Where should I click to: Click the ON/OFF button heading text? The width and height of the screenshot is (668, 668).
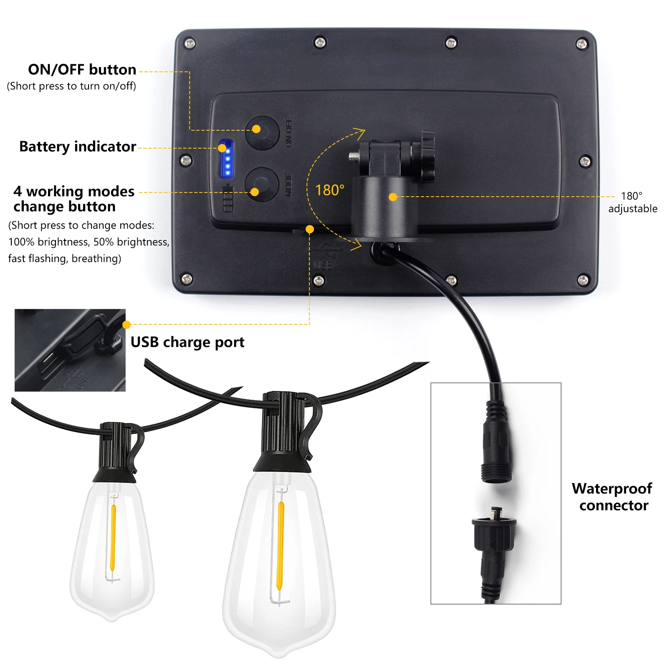tap(82, 70)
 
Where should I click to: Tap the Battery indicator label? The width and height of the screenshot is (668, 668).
tap(78, 147)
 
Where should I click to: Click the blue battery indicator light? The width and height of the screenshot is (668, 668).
tap(227, 159)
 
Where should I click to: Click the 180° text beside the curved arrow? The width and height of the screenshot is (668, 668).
tap(329, 190)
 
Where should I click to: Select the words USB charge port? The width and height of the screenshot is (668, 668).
tap(187, 342)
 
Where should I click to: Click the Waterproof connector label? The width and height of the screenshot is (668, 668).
tap(612, 497)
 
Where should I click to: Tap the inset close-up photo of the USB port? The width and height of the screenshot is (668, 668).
tap(70, 350)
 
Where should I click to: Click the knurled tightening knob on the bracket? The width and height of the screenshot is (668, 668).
tap(428, 157)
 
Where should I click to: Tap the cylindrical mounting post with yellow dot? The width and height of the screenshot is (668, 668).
tap(384, 207)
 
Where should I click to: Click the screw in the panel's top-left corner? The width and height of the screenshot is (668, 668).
tap(190, 43)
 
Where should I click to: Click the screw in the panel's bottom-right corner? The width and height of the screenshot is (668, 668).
tap(583, 280)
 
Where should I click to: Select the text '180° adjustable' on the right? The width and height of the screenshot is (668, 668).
tap(632, 202)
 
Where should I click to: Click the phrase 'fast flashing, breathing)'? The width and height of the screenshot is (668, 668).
tap(65, 259)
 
